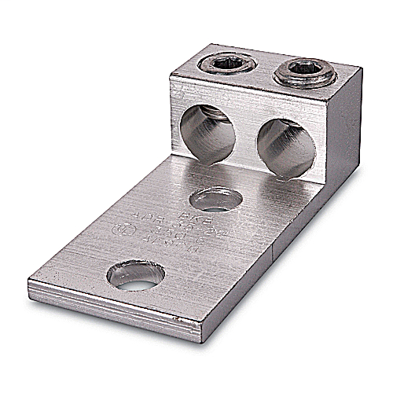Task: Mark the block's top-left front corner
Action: (171, 73)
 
